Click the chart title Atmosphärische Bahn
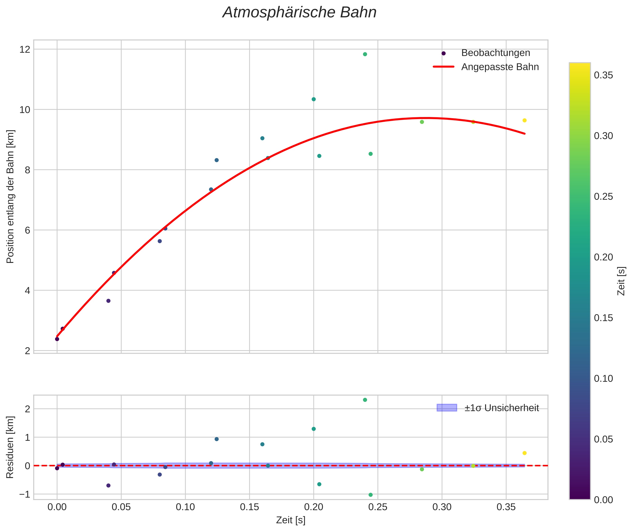coord(299,13)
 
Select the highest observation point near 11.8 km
coord(365,54)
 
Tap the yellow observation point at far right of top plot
coord(524,120)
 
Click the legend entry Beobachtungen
coord(495,53)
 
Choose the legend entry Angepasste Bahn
coord(500,67)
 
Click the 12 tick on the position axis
coord(25,49)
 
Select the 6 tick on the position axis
coord(27,230)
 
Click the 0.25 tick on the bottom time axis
coord(378,507)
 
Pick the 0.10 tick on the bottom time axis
coord(185,507)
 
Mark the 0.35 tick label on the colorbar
coord(603,75)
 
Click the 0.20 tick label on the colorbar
coord(603,257)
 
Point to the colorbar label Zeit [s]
coord(621,281)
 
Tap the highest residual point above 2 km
coord(365,400)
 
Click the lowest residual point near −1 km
coord(371,495)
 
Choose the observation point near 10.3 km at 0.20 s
coord(314,99)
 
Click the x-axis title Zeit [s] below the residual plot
coord(291,520)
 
